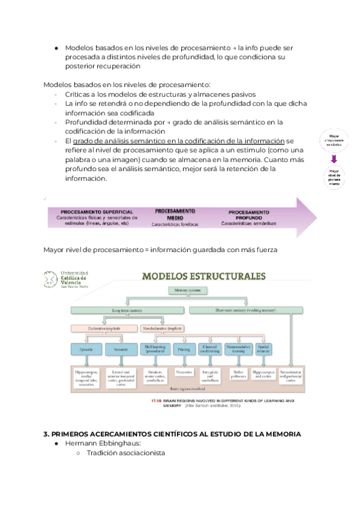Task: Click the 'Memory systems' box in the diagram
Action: [x=187, y=290]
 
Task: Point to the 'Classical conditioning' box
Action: [x=209, y=349]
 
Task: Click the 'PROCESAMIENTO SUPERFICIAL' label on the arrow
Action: [x=97, y=212]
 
